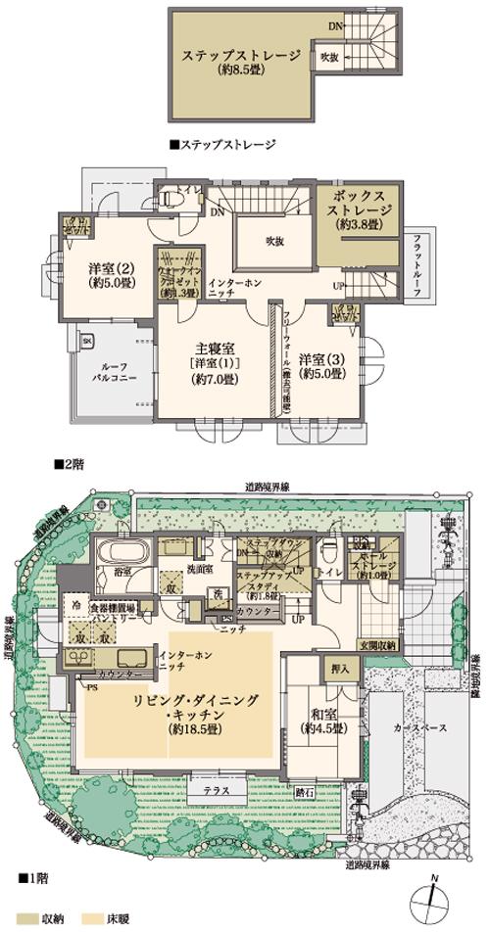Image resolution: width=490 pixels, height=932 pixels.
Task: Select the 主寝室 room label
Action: coord(214,362)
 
